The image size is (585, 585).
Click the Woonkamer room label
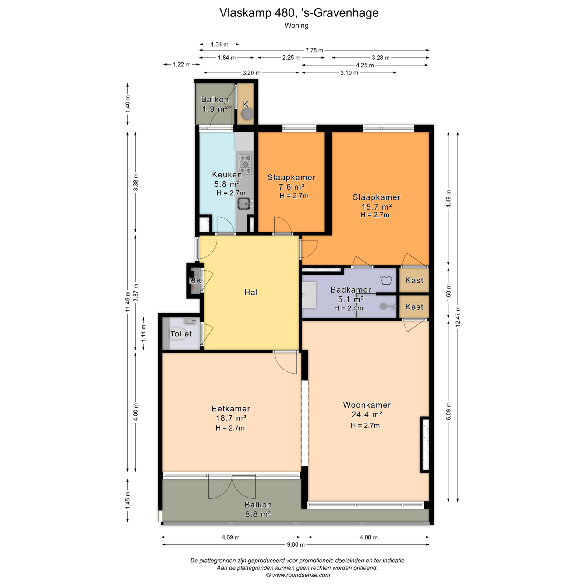coord(367,405)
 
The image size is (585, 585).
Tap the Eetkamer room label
coord(231,409)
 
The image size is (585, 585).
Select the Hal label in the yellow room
coord(251,292)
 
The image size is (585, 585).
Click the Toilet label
coord(181,334)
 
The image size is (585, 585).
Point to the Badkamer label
coord(351,289)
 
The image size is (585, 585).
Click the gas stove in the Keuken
coord(245,164)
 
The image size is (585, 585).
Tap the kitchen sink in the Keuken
coord(244,203)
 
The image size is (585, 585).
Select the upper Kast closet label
coord(414,280)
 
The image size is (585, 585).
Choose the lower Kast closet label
coord(414,307)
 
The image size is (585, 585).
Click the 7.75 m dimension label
coord(314,50)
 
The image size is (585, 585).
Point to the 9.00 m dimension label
coord(296,544)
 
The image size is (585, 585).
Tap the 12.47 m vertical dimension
coord(458,317)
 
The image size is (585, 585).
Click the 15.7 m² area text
coord(376,207)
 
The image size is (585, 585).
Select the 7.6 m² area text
coord(292,187)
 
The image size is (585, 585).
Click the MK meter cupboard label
coord(195,281)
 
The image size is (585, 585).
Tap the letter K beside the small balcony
coord(246,104)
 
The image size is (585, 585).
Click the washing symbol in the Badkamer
coord(386,280)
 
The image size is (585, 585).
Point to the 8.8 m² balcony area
coord(258,514)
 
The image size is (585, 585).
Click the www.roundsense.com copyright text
coord(298,575)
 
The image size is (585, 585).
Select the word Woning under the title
coord(296,26)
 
